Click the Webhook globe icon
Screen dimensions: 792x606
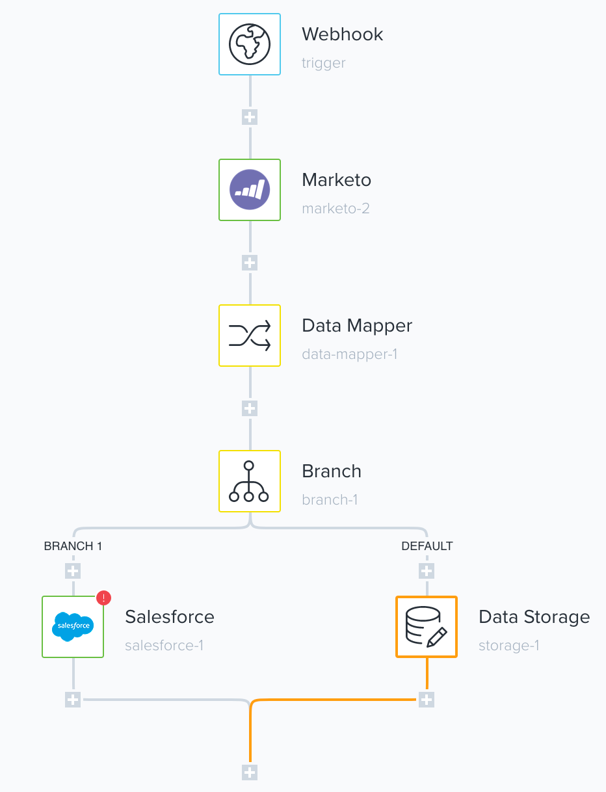[x=250, y=44]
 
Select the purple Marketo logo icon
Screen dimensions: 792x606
[x=250, y=190]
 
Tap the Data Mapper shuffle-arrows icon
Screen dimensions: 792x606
[x=250, y=336]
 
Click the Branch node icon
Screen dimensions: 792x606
[x=250, y=481]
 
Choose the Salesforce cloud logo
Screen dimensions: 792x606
[x=73, y=627]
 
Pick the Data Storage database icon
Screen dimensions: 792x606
[x=427, y=627]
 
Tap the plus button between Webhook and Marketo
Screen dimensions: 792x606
[x=250, y=117]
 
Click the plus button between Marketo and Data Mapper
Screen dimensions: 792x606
[x=250, y=263]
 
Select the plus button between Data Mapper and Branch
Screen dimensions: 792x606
[x=250, y=408]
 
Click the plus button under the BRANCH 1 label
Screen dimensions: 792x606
[x=73, y=571]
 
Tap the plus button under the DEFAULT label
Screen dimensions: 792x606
[x=427, y=571]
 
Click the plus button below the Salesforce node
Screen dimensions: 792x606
[x=73, y=700]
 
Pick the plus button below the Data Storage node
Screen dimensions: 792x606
[x=427, y=700]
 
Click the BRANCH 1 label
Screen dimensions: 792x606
[x=73, y=546]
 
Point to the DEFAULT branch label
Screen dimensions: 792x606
[x=427, y=546]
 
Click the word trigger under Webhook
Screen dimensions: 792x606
[x=324, y=63]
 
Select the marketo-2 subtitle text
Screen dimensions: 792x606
[x=336, y=209]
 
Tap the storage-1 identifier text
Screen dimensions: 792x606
[x=508, y=646]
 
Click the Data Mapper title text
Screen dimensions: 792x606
[x=357, y=326]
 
